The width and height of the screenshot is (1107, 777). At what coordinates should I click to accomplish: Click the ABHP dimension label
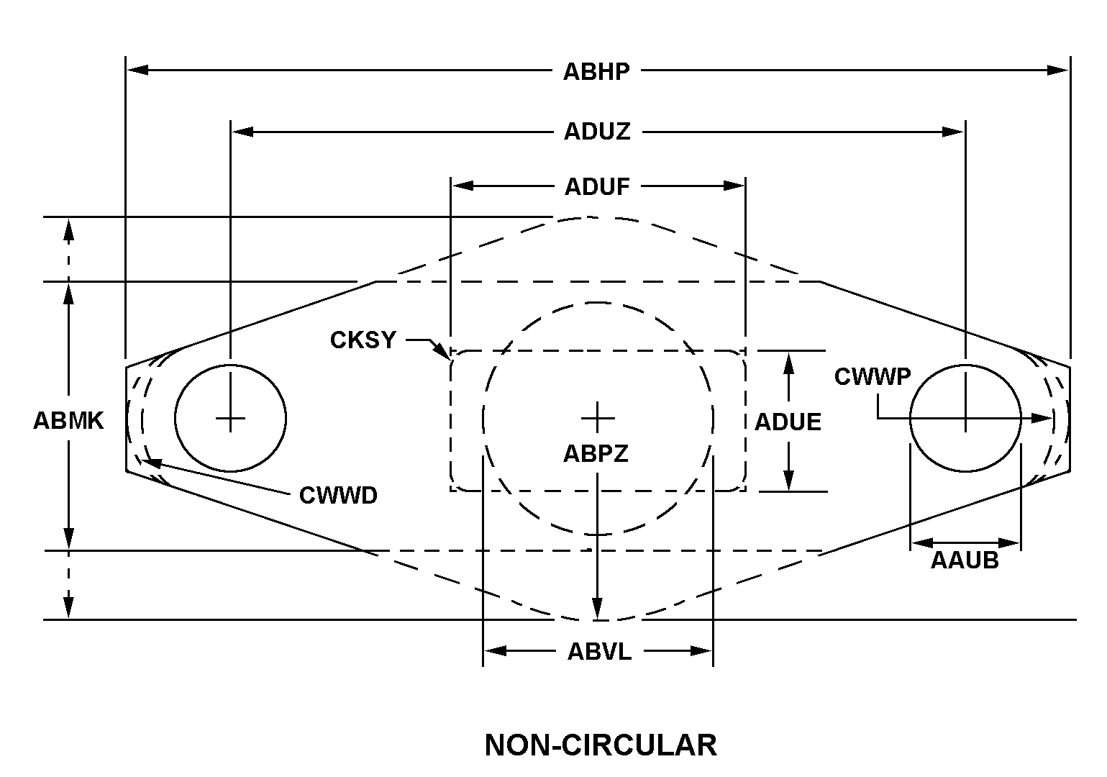click(596, 71)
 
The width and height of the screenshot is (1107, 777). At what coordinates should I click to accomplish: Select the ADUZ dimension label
click(597, 132)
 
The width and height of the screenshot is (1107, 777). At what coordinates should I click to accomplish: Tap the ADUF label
click(597, 186)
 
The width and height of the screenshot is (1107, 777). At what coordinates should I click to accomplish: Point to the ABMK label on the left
click(68, 421)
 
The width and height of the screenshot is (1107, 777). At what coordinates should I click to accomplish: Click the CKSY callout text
click(363, 340)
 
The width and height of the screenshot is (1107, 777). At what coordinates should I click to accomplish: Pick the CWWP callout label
click(873, 376)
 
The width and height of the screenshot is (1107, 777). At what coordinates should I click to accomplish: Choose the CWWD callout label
click(338, 495)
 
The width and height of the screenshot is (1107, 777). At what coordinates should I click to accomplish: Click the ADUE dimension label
click(788, 422)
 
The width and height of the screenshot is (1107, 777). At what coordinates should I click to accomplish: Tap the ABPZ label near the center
click(596, 453)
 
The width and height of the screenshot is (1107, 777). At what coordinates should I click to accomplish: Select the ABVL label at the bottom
click(599, 652)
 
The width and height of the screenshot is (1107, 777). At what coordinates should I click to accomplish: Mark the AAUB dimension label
click(965, 560)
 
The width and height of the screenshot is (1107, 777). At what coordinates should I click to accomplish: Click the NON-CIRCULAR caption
click(601, 745)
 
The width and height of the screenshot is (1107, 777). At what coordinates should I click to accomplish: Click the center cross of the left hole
click(230, 417)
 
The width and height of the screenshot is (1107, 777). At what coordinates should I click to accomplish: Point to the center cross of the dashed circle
click(598, 417)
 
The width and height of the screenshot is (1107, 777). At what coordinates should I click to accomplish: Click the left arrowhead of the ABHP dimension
click(137, 71)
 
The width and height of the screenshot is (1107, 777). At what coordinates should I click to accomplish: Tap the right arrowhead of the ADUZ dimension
click(955, 132)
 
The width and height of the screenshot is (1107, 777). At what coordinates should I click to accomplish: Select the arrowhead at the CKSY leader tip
click(443, 352)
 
